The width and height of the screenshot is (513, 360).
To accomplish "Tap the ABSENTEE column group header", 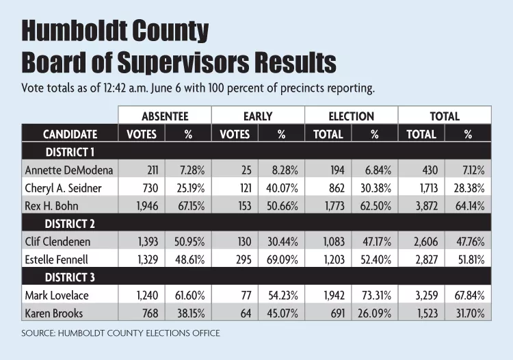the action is coord(165,116).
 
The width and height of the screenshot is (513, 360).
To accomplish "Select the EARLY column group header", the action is coord(258,116).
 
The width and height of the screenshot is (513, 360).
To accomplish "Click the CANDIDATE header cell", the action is coord(70,134).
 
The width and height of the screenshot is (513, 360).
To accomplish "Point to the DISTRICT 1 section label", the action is coord(70,152).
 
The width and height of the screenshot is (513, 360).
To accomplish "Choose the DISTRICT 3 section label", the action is coord(70,277).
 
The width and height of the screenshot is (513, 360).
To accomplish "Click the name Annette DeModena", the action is coord(69,170).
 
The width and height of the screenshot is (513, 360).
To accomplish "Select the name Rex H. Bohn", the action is coord(52,206).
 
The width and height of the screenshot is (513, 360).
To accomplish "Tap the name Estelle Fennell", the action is coord(57,259).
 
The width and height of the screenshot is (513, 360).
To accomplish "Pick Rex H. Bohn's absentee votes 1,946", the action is coord(147,206).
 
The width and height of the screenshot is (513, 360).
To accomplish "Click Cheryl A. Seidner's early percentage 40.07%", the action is coord(282,188).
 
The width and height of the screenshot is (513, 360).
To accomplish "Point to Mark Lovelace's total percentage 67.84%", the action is coord(469,296).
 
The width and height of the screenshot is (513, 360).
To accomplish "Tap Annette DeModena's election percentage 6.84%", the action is coord(378,170).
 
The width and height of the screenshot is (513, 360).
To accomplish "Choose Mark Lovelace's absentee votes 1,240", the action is coord(147,296).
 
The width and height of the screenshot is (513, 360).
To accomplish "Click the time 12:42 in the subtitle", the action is coord(114,88).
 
